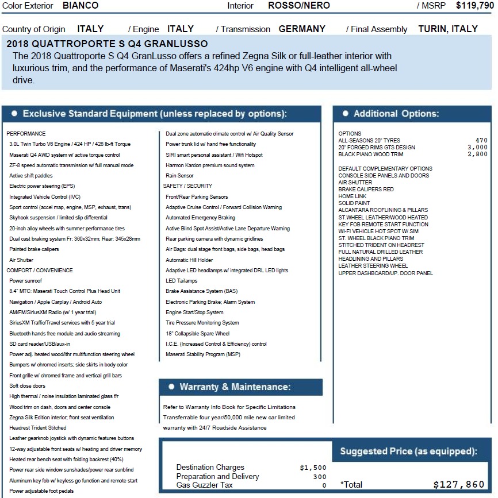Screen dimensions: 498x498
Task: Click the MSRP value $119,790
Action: pos(475,6)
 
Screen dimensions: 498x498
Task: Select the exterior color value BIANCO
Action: pos(81,6)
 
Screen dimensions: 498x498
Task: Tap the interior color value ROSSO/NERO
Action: pos(299,6)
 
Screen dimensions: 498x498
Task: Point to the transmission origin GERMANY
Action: pos(302,29)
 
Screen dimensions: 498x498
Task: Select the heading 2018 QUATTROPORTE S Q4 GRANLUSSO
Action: pos(108,44)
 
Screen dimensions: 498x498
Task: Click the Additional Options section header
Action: pos(396,114)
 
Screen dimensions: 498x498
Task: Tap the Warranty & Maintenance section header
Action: pos(235,387)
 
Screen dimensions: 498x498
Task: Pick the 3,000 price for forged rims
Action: pos(477,148)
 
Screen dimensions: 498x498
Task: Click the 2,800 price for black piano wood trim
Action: pos(477,155)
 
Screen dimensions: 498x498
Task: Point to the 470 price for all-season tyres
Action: pos(481,141)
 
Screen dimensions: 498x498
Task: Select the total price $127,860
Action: pos(458,485)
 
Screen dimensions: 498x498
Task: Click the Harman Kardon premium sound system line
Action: pos(210,165)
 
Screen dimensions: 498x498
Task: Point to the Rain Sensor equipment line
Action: pos(179,176)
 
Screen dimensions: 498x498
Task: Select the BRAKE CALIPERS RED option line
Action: pos(366,190)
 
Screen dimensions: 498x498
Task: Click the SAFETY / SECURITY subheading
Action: pos(187,186)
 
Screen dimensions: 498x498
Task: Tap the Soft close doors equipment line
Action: pos(27,386)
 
